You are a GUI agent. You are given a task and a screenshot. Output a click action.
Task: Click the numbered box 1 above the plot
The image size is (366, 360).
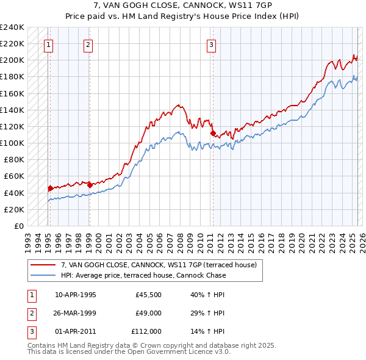[x=48, y=44]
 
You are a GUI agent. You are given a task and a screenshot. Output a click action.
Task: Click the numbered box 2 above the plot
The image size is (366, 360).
[x=88, y=44]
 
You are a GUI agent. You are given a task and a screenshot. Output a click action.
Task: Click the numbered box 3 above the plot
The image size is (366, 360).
[x=210, y=44]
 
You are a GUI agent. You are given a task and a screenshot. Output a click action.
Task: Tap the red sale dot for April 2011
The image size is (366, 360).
[x=212, y=133]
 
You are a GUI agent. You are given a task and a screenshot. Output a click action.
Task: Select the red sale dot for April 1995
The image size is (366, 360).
[x=50, y=188]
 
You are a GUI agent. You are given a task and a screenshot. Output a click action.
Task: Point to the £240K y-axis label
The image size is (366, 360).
[x=12, y=27]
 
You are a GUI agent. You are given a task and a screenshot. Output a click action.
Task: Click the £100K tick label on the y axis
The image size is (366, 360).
[x=12, y=143]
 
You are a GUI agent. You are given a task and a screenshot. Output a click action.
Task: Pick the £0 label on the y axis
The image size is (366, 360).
[x=18, y=226]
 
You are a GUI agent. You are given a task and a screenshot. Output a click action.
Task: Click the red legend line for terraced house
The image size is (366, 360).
[x=44, y=265]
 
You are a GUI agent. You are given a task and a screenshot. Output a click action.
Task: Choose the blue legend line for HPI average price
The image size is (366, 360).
[x=44, y=275]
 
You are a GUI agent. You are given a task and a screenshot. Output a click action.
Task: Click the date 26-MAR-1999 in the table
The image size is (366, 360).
[x=76, y=313]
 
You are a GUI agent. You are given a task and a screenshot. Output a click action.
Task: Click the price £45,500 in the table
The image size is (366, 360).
[x=148, y=295]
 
